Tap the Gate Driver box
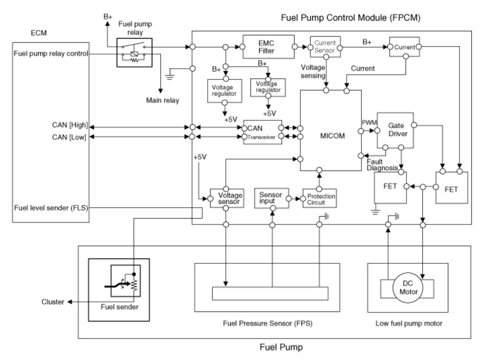[x=394, y=130]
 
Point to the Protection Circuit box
[x=320, y=198]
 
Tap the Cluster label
[x=52, y=302]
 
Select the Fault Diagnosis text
[x=381, y=164]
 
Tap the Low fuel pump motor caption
[x=409, y=323]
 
